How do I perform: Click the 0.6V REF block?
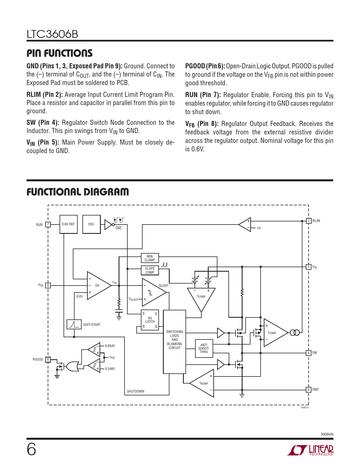tap(68, 224)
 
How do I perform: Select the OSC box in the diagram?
tap(91, 224)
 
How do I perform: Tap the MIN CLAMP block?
tap(150, 258)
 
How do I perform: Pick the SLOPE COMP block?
tap(150, 271)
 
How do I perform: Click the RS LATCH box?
tap(150, 320)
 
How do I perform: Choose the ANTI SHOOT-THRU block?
tap(204, 349)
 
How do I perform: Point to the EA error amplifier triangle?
tap(99, 286)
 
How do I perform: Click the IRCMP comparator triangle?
tap(202, 383)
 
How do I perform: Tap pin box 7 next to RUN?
tap(48, 225)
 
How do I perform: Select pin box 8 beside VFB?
tap(48, 286)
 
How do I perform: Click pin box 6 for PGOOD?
tap(48, 360)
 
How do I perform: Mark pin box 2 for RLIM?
tap(309, 221)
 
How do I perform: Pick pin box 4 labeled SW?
tap(309, 353)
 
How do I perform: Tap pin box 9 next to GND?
tap(309, 389)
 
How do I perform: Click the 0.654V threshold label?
tap(110, 346)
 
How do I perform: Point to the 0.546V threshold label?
tap(110, 369)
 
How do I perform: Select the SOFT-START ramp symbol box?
tap(74, 324)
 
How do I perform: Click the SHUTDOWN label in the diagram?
tap(136, 391)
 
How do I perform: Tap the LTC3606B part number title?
tap(52, 34)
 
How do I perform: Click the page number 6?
tap(31, 450)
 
